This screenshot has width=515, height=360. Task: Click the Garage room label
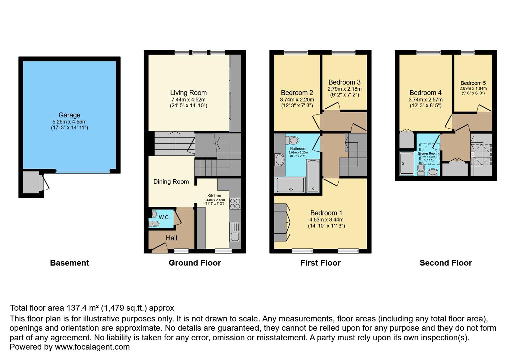69,115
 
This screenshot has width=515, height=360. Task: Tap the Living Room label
188,93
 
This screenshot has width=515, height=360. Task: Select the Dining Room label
171,182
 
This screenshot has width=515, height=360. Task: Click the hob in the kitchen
235,203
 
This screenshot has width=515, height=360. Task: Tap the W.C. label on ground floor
164,217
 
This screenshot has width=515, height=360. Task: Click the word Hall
171,238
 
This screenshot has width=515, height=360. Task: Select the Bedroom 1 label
326,213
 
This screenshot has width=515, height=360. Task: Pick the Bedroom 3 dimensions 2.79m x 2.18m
344,89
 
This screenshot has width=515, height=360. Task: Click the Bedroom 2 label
297,93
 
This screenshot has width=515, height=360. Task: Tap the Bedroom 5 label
473,83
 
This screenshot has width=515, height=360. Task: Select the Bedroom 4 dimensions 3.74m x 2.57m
425,100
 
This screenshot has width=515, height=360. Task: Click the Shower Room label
428,154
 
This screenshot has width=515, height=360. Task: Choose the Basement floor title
69,263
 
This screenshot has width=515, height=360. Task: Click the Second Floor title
445,263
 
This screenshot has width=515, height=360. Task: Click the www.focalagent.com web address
92,347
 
